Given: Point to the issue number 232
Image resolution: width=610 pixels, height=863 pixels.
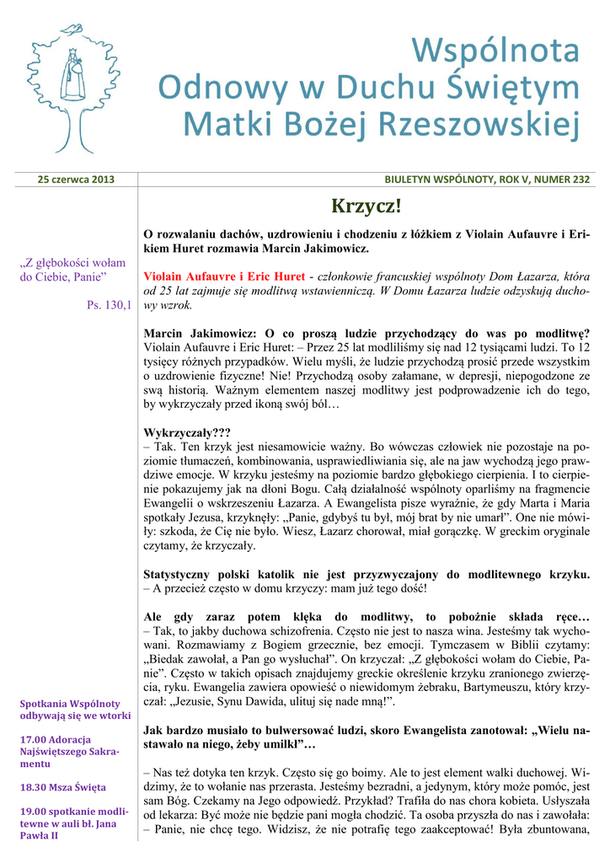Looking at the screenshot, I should tap(581, 180).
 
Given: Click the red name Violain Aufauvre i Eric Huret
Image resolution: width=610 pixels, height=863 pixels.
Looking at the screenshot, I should tap(224, 276).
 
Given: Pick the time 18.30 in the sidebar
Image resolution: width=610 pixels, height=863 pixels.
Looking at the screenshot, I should tap(32, 787).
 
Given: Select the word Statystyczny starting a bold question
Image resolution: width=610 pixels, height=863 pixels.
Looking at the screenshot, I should tap(182, 575).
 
